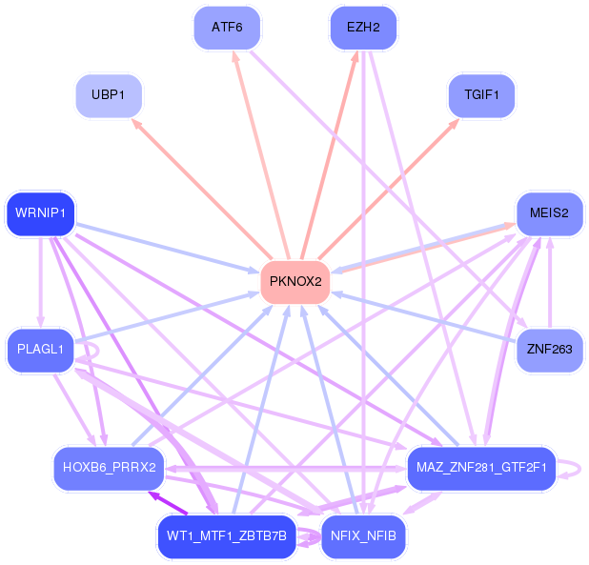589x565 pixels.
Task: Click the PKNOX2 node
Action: (x=294, y=282)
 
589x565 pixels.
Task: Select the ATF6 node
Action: (x=227, y=28)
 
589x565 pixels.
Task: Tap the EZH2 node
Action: (x=362, y=28)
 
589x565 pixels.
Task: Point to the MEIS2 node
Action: (x=549, y=214)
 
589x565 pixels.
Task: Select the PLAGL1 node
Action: (x=40, y=350)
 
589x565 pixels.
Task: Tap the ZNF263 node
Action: (x=549, y=350)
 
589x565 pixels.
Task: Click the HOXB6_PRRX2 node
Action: (x=109, y=467)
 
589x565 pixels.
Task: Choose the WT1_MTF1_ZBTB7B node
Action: (x=226, y=536)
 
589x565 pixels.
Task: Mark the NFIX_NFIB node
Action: (x=363, y=536)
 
